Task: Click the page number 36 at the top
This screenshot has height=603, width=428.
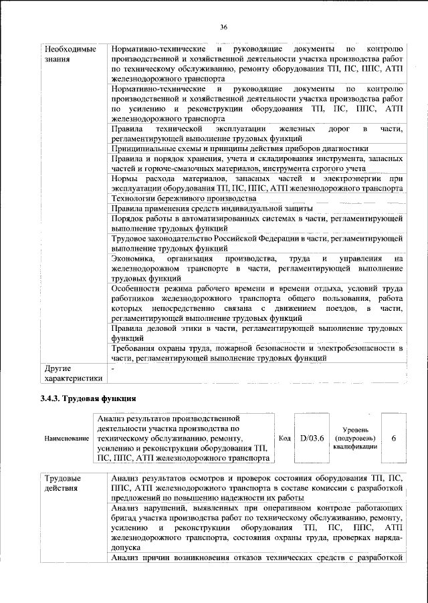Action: coord(223,27)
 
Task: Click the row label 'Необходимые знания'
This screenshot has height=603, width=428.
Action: coord(70,55)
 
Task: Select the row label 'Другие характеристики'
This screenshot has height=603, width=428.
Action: coord(72,373)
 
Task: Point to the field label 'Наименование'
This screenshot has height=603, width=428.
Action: coord(67,439)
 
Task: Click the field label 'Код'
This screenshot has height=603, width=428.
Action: coord(284,438)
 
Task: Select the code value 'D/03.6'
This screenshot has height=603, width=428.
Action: coord(312,438)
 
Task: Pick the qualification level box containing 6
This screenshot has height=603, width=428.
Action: coord(393,438)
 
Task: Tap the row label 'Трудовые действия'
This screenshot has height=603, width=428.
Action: coord(64,483)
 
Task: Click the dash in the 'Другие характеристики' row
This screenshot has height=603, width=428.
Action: coord(114,368)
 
